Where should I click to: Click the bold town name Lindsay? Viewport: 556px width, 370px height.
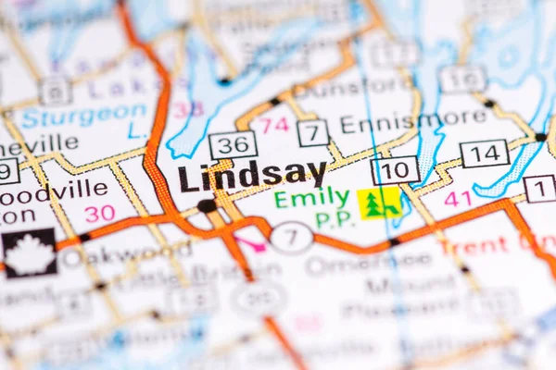[x=252, y=175]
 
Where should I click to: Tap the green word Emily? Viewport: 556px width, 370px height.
[x=311, y=198]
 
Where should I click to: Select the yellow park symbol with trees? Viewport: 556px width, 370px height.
[x=379, y=203]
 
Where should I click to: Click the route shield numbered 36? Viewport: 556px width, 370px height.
[x=233, y=145]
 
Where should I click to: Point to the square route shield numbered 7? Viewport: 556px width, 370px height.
[x=313, y=133]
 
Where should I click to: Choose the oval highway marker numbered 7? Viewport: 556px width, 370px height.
[x=291, y=237]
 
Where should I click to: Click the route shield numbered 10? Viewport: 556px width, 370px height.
[x=395, y=170]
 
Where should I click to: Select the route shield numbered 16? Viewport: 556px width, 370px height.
[x=462, y=80]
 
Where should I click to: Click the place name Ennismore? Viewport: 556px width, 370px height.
[x=412, y=120]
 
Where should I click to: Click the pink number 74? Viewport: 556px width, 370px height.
[x=273, y=125]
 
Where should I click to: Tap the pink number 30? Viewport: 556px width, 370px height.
[x=100, y=214]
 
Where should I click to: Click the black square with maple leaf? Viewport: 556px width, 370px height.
[x=29, y=253]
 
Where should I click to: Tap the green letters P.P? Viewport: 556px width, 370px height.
[x=333, y=220]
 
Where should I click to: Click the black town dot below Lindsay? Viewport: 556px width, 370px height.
[x=206, y=205]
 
